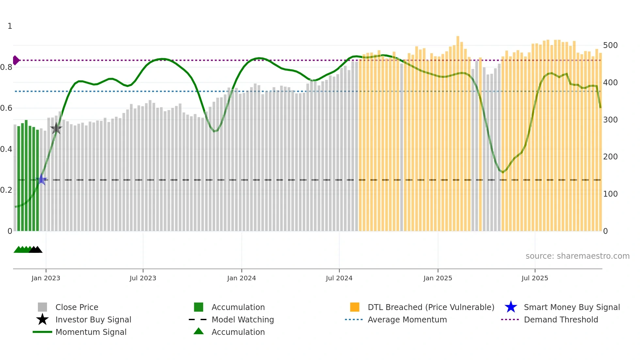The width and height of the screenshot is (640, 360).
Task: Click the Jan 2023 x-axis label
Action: point(46,278)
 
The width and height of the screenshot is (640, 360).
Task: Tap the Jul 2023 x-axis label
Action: point(143,278)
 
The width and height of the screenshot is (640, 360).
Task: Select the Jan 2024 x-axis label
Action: point(241,278)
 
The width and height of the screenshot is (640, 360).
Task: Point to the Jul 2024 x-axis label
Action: point(339,278)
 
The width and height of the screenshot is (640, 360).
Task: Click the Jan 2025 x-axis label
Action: point(438,278)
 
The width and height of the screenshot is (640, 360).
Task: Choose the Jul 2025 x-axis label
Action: point(535,278)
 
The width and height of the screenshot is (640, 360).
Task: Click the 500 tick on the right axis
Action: point(610,45)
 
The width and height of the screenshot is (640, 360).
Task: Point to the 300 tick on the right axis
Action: point(610,120)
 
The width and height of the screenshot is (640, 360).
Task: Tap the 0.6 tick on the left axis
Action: point(6,108)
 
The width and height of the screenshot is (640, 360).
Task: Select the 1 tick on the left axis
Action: point(10,26)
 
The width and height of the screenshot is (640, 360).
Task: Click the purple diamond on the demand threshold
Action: point(16,60)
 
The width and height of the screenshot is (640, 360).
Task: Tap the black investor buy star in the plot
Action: point(56,128)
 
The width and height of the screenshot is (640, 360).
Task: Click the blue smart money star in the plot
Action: point(41,179)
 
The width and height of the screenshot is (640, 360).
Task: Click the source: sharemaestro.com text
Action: point(577,256)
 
